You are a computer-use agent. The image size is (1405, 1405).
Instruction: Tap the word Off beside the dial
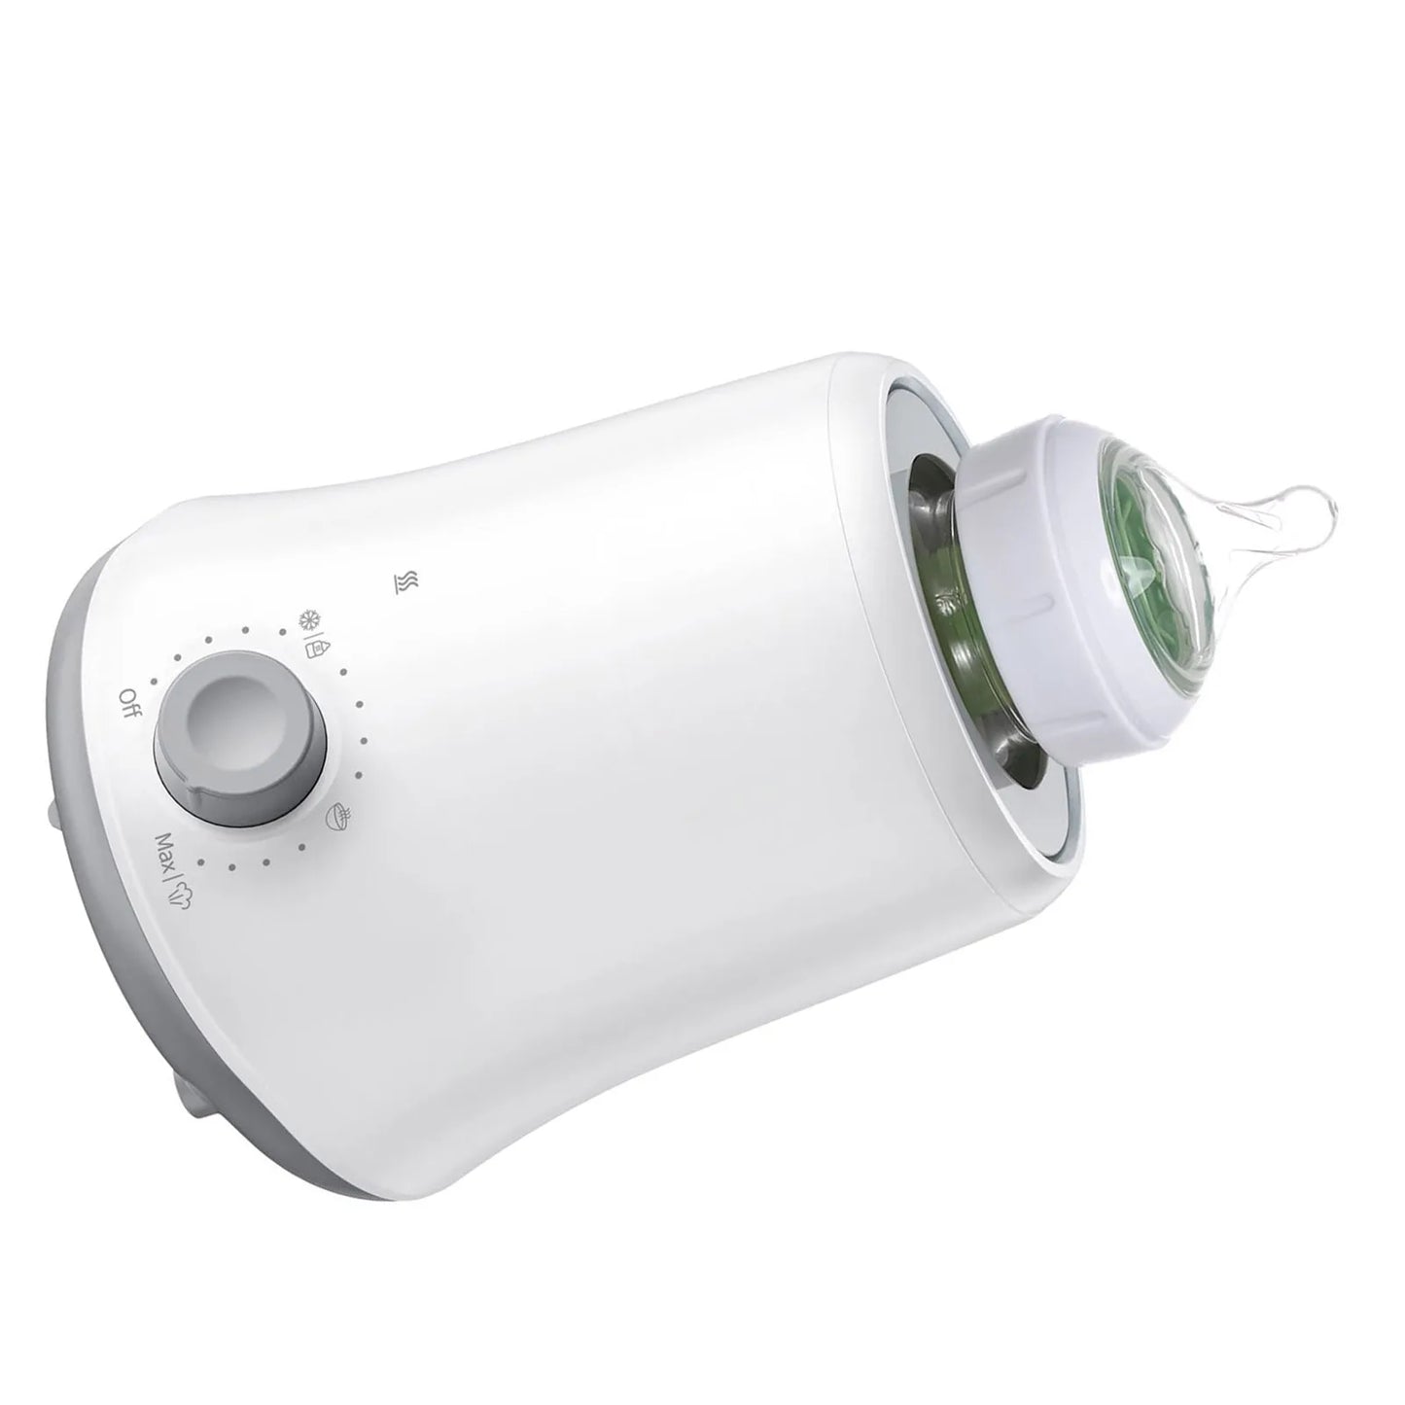click(129, 701)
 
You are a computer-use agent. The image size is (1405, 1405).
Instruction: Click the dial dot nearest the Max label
click(201, 861)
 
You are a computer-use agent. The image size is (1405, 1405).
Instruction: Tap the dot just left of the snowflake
click(283, 630)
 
